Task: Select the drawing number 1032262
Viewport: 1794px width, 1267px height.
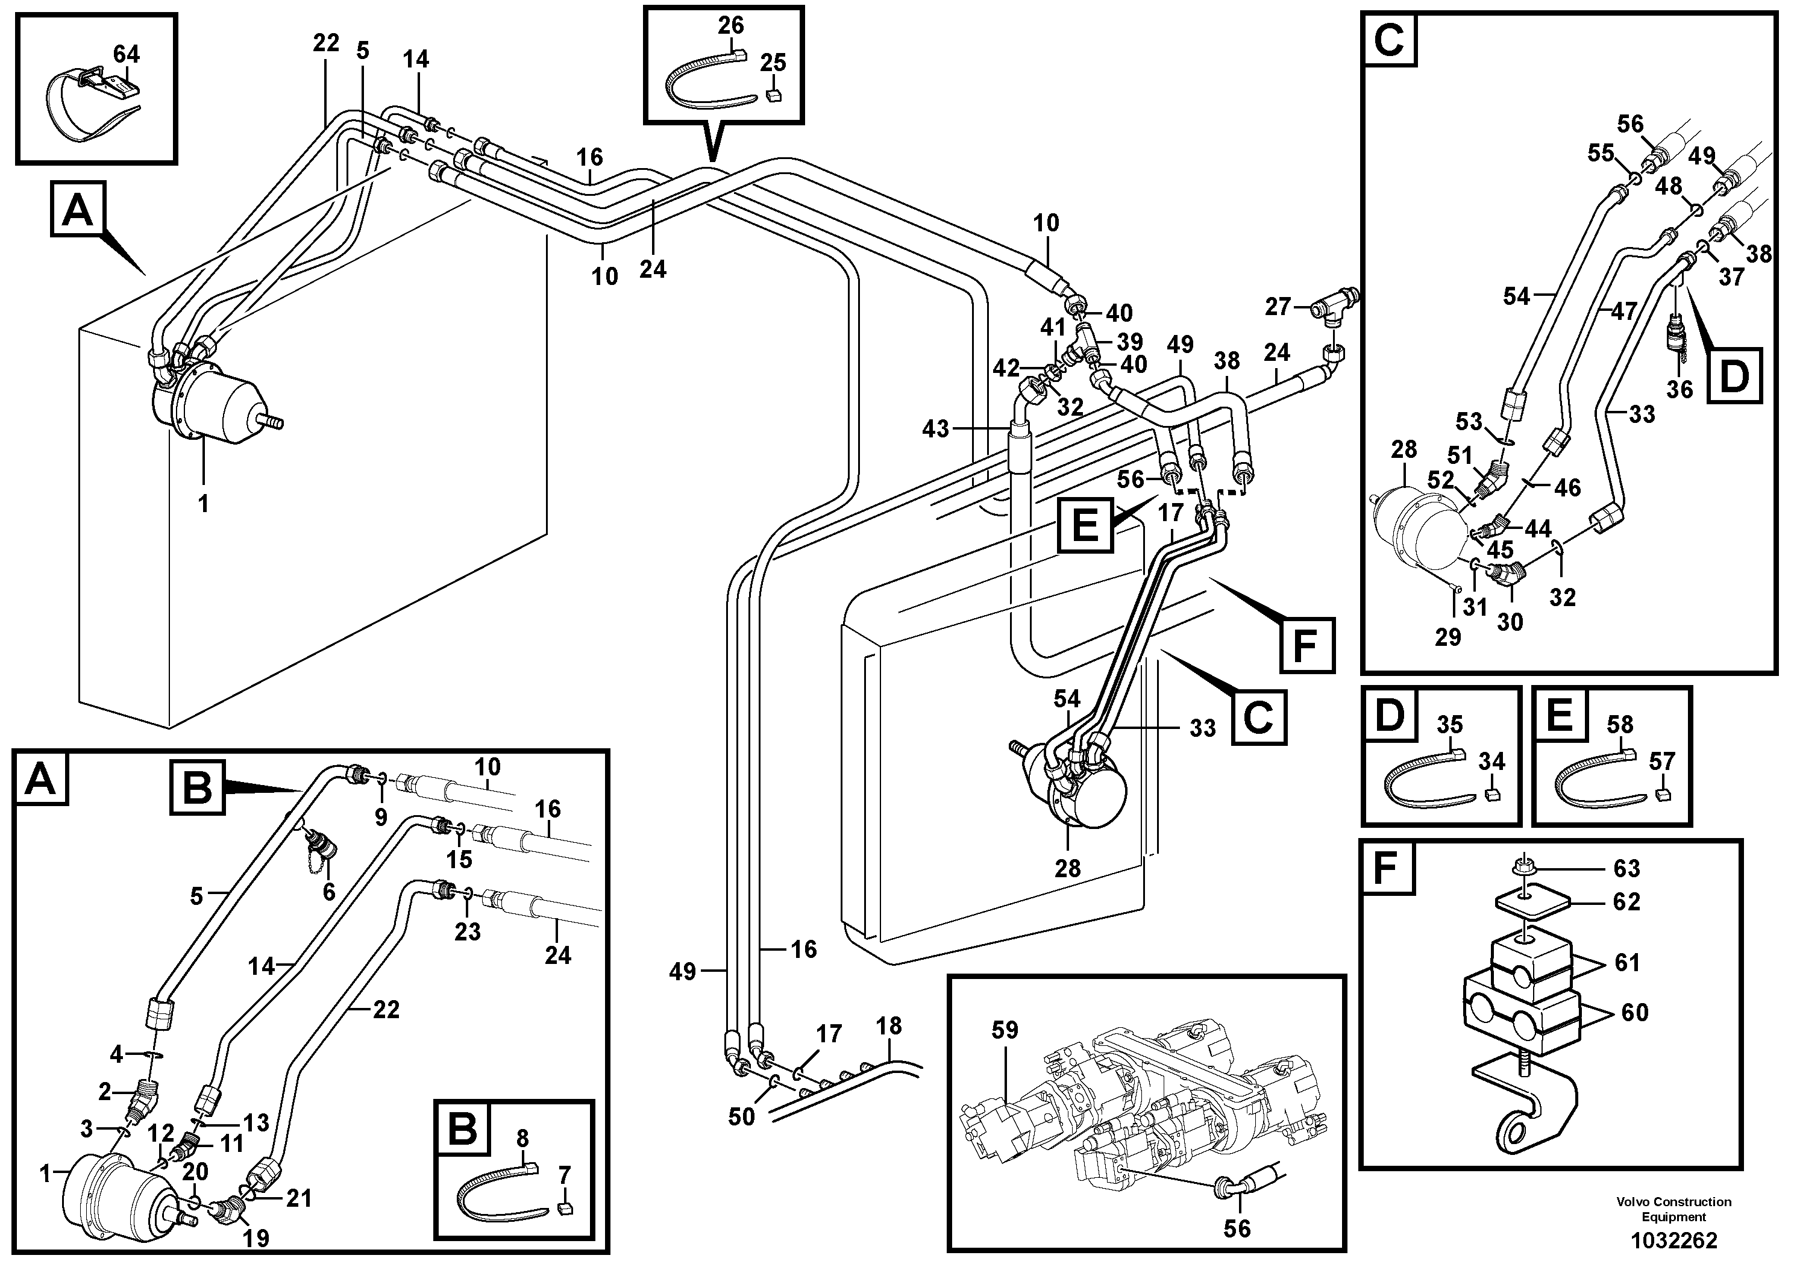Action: [1673, 1240]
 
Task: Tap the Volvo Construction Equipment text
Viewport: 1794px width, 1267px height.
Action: [1673, 1209]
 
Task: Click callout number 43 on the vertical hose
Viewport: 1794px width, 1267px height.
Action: [935, 428]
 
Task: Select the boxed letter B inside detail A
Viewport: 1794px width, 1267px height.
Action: [197, 788]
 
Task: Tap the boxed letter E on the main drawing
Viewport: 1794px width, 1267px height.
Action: [1085, 525]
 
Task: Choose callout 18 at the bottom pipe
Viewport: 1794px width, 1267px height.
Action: [889, 1025]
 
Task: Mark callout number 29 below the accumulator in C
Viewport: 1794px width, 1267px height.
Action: [1448, 637]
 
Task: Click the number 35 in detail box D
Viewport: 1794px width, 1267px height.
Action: [1449, 724]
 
